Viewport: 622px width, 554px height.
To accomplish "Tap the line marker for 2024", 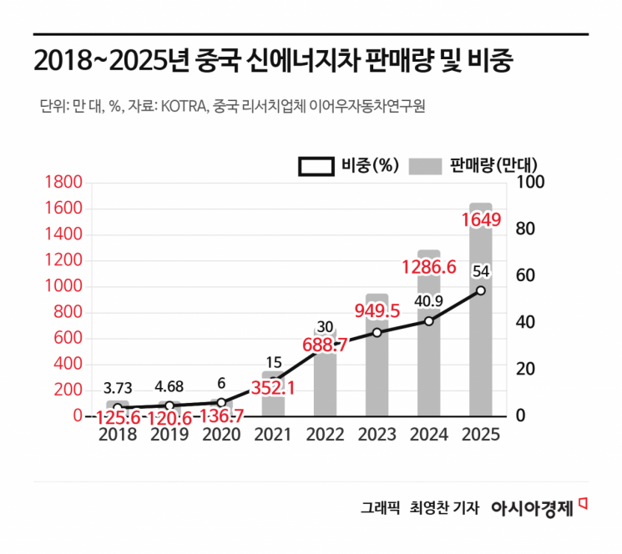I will [428, 320].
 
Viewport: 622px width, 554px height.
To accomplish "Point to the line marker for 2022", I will [325, 350].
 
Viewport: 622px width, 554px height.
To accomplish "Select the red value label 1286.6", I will [428, 268].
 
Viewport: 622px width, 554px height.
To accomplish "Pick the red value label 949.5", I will [377, 311].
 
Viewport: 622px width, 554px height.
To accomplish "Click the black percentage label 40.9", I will [428, 301].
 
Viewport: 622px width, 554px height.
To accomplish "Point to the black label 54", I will [481, 271].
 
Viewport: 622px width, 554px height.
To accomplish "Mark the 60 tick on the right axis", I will [527, 276].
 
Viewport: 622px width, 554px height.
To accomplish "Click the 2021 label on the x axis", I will [273, 435].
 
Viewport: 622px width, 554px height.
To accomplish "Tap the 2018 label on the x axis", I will [118, 435].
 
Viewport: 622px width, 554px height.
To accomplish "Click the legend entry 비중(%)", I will [349, 165].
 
